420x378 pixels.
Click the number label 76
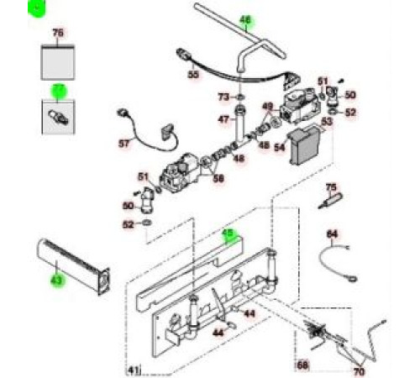58,33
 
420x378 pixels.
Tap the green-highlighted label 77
58,88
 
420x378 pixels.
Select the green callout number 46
245,20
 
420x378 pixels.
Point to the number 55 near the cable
193,75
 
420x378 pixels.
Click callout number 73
223,97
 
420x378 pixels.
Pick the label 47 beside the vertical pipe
223,119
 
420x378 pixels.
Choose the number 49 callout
268,107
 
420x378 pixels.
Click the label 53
327,123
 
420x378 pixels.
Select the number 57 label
124,144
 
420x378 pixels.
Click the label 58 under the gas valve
219,178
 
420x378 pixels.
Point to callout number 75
331,187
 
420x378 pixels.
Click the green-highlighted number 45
226,235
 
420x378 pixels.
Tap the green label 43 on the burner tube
57,279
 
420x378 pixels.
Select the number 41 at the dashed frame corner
133,370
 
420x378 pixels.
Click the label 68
303,365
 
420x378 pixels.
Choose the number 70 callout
359,370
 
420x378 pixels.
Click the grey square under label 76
58,60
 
